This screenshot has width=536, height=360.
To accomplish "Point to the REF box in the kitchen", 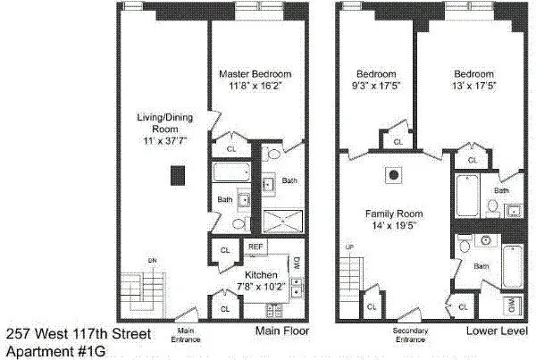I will coord(255,247).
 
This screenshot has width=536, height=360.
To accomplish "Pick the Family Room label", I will coord(393,215).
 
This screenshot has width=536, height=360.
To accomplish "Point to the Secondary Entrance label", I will coord(411,336).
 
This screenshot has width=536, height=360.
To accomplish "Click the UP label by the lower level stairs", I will coord(349,247).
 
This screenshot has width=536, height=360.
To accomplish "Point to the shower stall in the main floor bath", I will coord(282,221).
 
